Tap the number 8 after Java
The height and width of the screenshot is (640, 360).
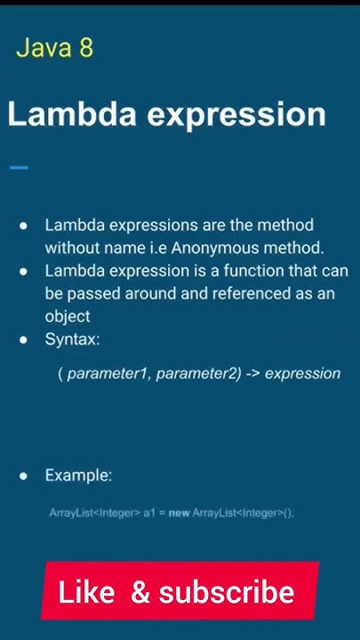pos(85,47)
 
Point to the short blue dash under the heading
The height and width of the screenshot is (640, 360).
pos(18,167)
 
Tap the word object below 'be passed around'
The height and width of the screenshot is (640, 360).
pos(68,316)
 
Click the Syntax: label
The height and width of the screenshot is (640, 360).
pos(72,340)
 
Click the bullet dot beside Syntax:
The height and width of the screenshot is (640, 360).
pos(24,340)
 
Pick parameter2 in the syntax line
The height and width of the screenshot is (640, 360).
pos(198,373)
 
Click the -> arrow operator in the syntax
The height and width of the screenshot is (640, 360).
pos(252,373)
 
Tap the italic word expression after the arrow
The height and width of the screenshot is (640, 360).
pos(302,373)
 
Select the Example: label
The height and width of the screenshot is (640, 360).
pos(78,476)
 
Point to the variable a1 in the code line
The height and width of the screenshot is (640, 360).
pos(149,513)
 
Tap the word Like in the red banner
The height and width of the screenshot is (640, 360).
pos(86,593)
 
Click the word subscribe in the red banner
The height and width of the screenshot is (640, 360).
pos(227,593)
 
